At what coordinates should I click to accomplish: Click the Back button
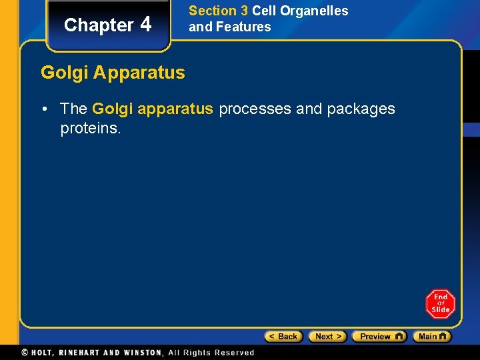pos(283,337)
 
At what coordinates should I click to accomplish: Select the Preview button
pos(379,337)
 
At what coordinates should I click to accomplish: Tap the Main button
pos(431,337)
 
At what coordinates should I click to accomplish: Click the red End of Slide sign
pos(440,304)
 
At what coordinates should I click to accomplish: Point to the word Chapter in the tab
pos(99,25)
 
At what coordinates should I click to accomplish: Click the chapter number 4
pos(146,25)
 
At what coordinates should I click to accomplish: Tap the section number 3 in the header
pos(244,11)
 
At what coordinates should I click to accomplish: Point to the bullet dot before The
pos(49,109)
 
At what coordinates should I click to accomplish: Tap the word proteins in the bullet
pos(89,128)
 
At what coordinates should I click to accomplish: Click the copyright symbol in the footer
pos(25,353)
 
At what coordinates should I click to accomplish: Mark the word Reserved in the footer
pos(233,353)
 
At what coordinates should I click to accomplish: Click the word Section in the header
pos(213,11)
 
